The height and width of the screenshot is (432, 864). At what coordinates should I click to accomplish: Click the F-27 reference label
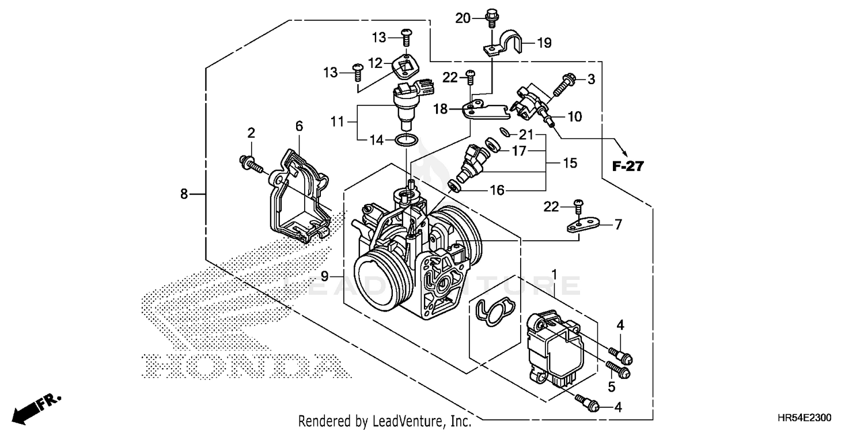pos(627,166)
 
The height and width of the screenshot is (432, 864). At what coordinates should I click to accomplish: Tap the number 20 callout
pos(463,18)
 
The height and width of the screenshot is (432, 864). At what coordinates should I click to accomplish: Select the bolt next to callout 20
pos(491,17)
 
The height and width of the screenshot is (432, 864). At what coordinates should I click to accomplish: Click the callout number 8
pos(184,194)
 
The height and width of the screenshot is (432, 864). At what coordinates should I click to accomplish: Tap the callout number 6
pos(299,126)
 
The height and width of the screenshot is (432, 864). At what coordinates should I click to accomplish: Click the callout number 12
pos(376,63)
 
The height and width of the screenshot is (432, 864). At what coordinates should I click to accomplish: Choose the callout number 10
pos(574,117)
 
